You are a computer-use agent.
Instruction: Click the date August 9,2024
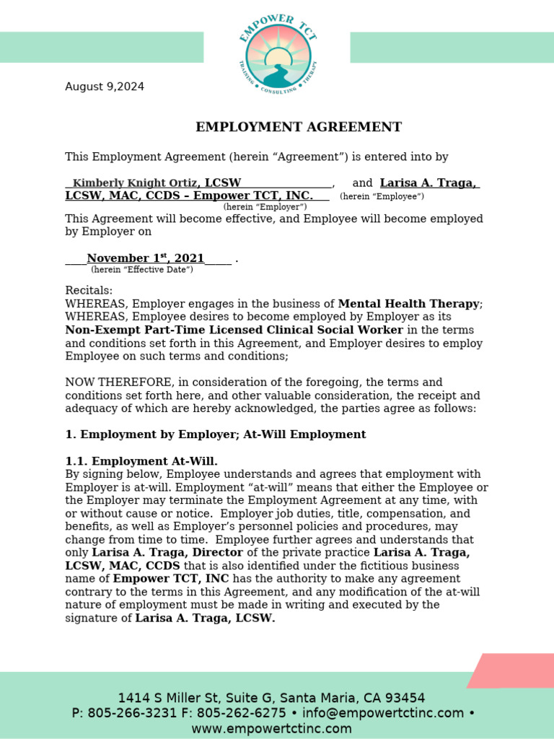105,87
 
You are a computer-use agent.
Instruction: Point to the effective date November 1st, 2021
145,258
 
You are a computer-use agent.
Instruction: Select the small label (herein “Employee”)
382,196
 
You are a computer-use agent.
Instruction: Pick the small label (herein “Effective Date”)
142,270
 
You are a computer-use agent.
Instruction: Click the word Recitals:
89,291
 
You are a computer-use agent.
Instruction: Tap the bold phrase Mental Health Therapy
408,304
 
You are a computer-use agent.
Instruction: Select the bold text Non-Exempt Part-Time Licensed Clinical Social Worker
234,330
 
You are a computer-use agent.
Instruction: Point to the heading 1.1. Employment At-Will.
141,461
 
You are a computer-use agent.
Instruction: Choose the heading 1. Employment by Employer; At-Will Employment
216,434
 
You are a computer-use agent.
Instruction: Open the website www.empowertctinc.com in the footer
271,728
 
